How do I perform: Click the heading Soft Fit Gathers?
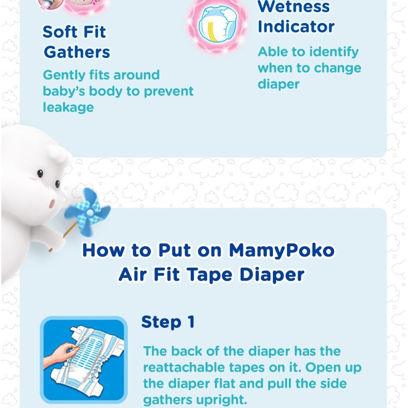pyautogui.click(x=76, y=42)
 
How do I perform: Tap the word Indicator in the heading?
pyautogui.click(x=296, y=27)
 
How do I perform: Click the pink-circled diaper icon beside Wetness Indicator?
pyautogui.click(x=217, y=25)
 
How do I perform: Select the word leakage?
pyautogui.click(x=68, y=107)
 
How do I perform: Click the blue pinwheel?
pyautogui.click(x=88, y=212)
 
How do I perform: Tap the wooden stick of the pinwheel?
pyautogui.click(x=63, y=237)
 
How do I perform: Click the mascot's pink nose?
pyautogui.click(x=52, y=203)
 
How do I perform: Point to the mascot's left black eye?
pyautogui.click(x=40, y=173)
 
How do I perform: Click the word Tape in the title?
pyautogui.click(x=210, y=275)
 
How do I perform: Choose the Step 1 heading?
pyautogui.click(x=168, y=322)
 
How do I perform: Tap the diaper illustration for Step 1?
pyautogui.click(x=84, y=360)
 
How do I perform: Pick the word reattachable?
pyautogui.click(x=184, y=367)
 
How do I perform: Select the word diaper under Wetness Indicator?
pyautogui.click(x=279, y=85)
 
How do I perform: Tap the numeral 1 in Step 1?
pyautogui.click(x=191, y=322)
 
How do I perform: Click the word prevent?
pyautogui.click(x=169, y=92)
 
